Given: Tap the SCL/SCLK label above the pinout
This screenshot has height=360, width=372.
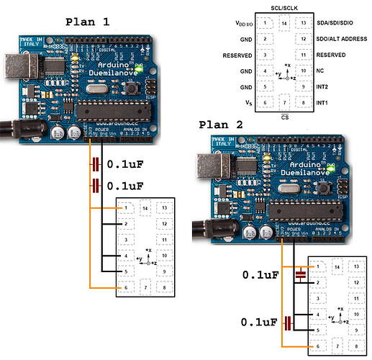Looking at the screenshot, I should [286, 6].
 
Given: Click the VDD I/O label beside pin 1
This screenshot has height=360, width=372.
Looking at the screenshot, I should [245, 24].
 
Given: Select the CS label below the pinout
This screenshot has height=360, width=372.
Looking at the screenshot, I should [286, 117].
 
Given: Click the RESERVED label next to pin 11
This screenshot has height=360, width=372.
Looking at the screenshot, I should [335, 55].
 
